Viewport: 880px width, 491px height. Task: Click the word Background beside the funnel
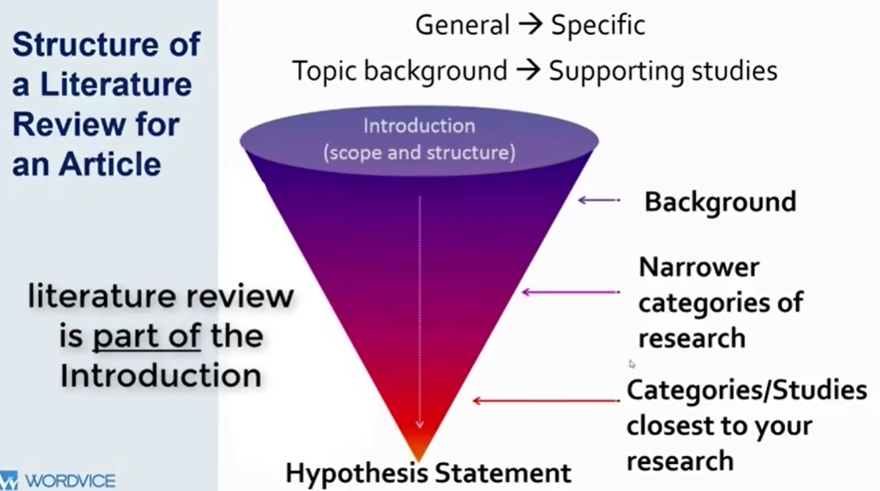coord(720,202)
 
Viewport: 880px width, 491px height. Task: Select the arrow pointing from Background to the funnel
coord(598,199)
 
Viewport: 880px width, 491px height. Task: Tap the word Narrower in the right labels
coord(699,267)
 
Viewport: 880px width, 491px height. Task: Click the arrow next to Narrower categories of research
coord(571,292)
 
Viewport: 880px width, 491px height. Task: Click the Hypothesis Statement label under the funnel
coord(428,473)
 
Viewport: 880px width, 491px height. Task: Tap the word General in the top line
coord(463,25)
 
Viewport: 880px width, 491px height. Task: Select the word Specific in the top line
coord(598,25)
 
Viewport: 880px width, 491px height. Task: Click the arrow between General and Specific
coord(530,25)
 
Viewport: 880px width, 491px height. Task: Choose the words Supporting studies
coord(662,70)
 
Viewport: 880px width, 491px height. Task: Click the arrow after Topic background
coord(528,70)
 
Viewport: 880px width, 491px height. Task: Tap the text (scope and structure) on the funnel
coord(419,153)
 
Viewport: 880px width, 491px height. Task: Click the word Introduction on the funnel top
coord(419,126)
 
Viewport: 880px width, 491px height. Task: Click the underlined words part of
coord(146,336)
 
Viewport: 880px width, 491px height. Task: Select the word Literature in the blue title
coord(116,85)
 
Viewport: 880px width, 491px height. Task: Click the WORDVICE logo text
coord(70,480)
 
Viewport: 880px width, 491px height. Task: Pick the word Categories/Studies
coord(747,390)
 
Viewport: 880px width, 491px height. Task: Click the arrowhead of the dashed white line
coord(419,423)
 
